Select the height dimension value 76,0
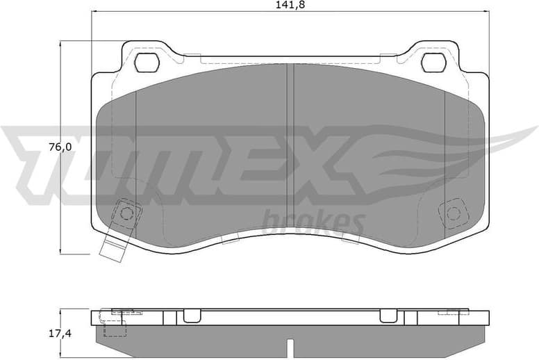pyautogui.click(x=59, y=147)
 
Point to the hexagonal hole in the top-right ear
pyautogui.click(x=433, y=63)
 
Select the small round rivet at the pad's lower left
pyautogui.click(x=126, y=213)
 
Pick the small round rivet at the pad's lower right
pyautogui.click(x=454, y=213)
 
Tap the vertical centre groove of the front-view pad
pyautogui.click(x=290, y=153)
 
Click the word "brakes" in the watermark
pyautogui.click(x=315, y=222)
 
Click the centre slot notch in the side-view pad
pyautogui.click(x=290, y=345)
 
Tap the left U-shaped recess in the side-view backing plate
pyautogui.click(x=192, y=317)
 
